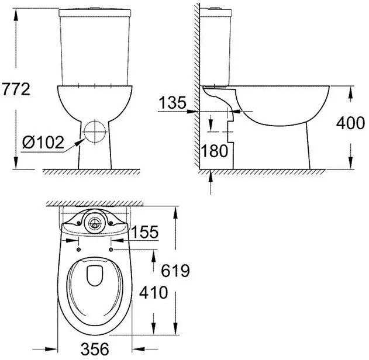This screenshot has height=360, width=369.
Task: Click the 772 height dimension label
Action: [16, 89]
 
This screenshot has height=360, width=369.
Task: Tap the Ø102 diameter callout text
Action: [43, 142]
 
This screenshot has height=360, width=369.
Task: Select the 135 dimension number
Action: [173, 102]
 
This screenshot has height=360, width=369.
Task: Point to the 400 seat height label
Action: [350, 123]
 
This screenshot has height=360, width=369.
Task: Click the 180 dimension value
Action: [215, 151]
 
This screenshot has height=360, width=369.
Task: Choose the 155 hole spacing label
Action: [144, 232]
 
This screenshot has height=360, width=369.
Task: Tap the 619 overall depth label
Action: [175, 271]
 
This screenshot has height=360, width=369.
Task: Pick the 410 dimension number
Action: [154, 293]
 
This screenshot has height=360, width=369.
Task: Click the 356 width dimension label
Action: [95, 349]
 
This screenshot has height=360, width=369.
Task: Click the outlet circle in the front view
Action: [95, 132]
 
